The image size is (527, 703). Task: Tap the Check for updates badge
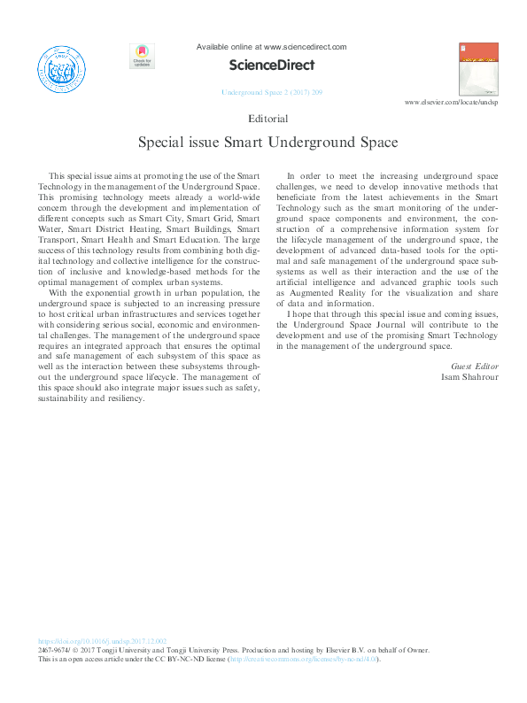142,57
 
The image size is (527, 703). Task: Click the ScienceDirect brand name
271,65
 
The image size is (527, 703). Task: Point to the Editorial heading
269,118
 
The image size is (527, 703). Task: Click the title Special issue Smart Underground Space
267,142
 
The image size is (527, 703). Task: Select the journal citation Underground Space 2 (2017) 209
271,92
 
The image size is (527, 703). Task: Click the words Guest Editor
476,366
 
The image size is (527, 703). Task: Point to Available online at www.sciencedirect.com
271,47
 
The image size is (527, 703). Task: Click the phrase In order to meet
321,176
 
